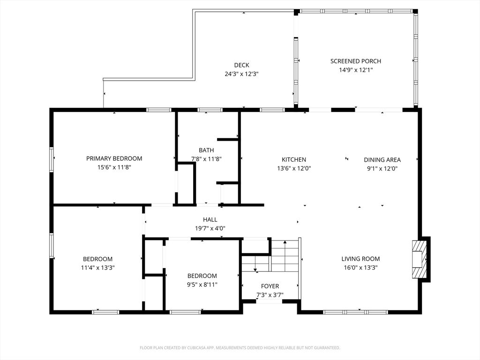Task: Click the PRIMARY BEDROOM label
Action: (x=114, y=158)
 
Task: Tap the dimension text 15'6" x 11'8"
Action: (x=114, y=167)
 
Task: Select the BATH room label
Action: (x=206, y=150)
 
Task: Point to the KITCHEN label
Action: (x=294, y=159)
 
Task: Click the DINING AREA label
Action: (x=382, y=159)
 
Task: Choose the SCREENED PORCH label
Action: (x=356, y=61)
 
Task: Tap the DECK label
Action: (x=241, y=65)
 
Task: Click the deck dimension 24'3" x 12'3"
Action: (x=241, y=74)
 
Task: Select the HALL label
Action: (x=210, y=219)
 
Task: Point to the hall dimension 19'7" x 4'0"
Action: (x=210, y=228)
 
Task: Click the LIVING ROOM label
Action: (x=360, y=259)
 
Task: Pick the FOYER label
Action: (x=270, y=286)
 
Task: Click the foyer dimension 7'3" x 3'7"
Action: (x=270, y=295)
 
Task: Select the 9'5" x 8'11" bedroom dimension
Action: (x=202, y=285)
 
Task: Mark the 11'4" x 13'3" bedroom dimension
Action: (x=97, y=268)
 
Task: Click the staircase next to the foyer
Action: (x=270, y=255)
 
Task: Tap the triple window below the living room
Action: (x=356, y=312)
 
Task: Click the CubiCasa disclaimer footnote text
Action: (x=240, y=348)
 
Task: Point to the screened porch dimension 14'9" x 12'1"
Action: (x=356, y=70)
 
